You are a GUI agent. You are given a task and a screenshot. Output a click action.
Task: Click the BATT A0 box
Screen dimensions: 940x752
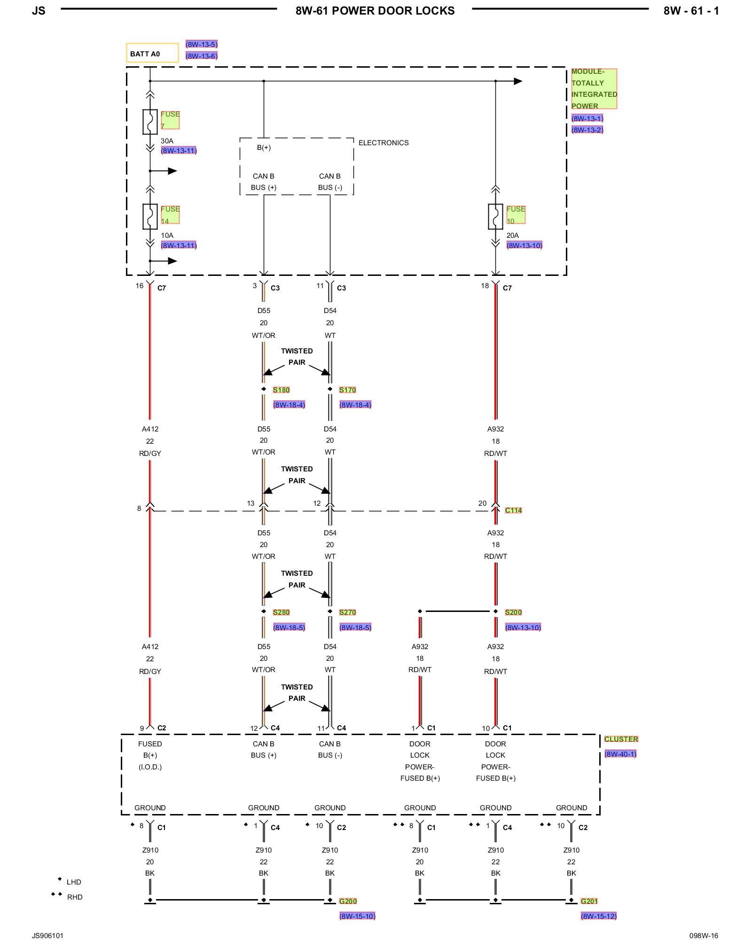(152, 53)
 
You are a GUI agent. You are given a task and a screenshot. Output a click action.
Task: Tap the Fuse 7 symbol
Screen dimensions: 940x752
(150, 122)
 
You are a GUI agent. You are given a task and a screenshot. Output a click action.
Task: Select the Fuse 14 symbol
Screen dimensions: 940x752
(150, 216)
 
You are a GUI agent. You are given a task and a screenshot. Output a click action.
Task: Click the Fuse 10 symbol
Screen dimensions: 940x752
(495, 216)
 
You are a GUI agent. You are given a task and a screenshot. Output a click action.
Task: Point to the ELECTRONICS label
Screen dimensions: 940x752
(384, 143)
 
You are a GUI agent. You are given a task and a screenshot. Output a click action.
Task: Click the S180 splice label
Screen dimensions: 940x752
(281, 390)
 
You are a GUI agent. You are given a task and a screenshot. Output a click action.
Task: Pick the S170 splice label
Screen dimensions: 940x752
(347, 390)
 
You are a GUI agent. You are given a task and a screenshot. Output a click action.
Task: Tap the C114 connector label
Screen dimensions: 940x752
(513, 510)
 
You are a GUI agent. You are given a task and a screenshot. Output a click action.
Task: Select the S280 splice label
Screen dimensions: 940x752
(281, 612)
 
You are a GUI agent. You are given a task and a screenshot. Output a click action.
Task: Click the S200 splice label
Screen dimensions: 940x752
(513, 612)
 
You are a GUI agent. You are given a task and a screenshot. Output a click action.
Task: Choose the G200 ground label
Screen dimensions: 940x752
(348, 901)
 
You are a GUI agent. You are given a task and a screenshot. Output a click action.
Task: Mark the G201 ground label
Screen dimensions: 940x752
(589, 901)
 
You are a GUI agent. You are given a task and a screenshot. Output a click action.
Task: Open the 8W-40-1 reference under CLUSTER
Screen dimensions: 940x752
(620, 754)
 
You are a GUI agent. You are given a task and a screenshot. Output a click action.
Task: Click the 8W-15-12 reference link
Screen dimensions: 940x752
(598, 916)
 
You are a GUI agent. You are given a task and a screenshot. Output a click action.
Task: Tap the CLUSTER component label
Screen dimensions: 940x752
(621, 739)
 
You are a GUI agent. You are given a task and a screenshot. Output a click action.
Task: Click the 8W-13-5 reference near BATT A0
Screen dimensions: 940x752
(201, 45)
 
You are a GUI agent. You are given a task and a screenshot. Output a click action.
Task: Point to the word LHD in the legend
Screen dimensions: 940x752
(74, 882)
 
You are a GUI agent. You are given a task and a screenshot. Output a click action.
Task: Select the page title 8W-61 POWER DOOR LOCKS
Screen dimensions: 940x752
(375, 11)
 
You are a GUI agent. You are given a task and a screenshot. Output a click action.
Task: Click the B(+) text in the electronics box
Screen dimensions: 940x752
(264, 148)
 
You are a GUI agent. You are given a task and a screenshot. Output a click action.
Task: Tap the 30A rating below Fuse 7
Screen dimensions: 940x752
(167, 141)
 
